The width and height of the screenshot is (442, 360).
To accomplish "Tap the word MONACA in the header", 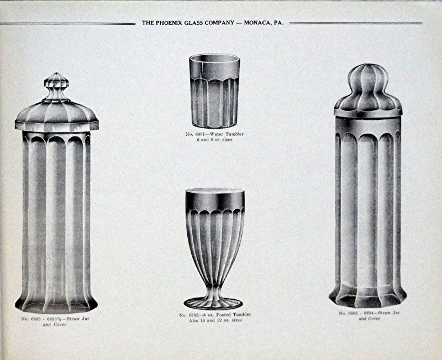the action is [256, 23].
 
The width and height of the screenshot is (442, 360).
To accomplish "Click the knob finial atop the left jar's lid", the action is [57, 87].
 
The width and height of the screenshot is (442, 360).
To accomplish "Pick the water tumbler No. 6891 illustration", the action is [215, 91].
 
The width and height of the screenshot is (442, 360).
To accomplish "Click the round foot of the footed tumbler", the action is [213, 303].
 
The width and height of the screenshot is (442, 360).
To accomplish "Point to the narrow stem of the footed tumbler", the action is [213, 289].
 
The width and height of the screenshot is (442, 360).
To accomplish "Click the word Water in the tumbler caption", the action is [217, 134].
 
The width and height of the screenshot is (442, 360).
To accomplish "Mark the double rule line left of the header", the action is [67, 24].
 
